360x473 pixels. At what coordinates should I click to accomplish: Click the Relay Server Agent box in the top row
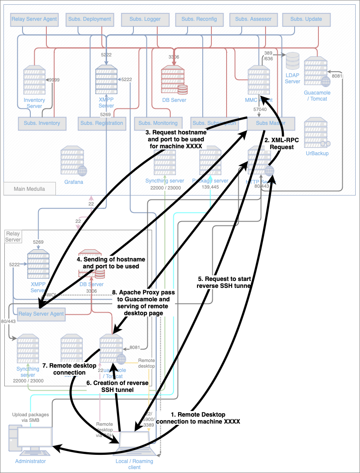point(34,19)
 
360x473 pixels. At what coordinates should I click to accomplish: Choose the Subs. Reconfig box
point(199,19)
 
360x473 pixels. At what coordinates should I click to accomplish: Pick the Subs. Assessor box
point(253,19)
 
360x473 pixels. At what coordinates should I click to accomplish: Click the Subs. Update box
point(306,19)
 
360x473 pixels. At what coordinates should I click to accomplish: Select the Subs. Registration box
point(101,123)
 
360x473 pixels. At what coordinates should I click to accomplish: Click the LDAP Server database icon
point(293,62)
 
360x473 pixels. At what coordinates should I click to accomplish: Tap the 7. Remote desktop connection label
point(70,369)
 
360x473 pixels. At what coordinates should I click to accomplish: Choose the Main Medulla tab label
point(30,189)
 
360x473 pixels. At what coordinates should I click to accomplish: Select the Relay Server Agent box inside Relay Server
point(41,314)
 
